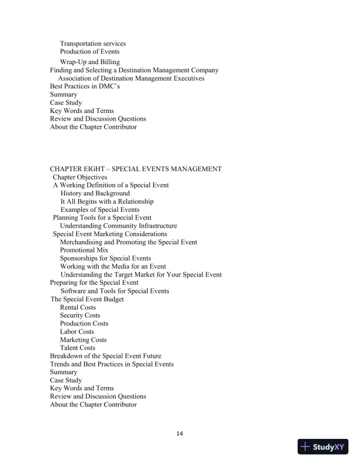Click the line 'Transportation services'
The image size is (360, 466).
[93, 44]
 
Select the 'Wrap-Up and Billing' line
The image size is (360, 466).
[89, 62]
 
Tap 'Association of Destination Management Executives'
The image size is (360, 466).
[131, 78]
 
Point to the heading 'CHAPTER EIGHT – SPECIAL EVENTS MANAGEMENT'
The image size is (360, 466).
[136, 169]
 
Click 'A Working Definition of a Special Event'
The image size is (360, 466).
[111, 185]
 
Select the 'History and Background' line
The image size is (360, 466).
[95, 193]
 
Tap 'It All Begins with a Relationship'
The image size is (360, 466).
[107, 201]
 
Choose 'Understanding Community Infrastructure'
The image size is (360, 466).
[118, 225]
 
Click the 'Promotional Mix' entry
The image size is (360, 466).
[84, 250]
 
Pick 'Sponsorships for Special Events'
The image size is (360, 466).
[105, 258]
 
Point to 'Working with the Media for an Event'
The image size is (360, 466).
[113, 267]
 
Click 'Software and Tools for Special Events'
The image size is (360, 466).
[115, 291]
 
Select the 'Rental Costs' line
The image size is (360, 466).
[78, 307]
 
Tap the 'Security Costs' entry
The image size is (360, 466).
[80, 315]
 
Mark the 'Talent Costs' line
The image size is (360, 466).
[78, 348]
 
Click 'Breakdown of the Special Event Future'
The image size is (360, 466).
[105, 356]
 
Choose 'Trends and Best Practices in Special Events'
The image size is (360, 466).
[112, 364]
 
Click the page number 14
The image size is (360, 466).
[180, 434]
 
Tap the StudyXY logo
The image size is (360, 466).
[324, 447]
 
